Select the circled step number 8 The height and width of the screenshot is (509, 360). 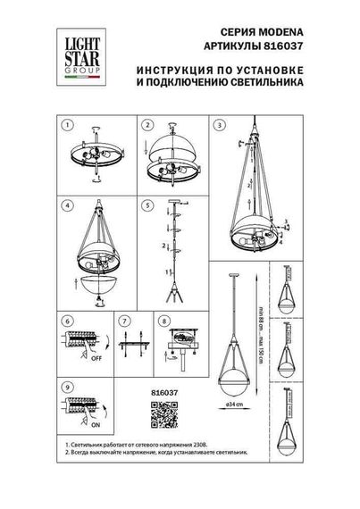(163, 319)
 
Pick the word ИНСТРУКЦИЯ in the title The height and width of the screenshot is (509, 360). (175, 69)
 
